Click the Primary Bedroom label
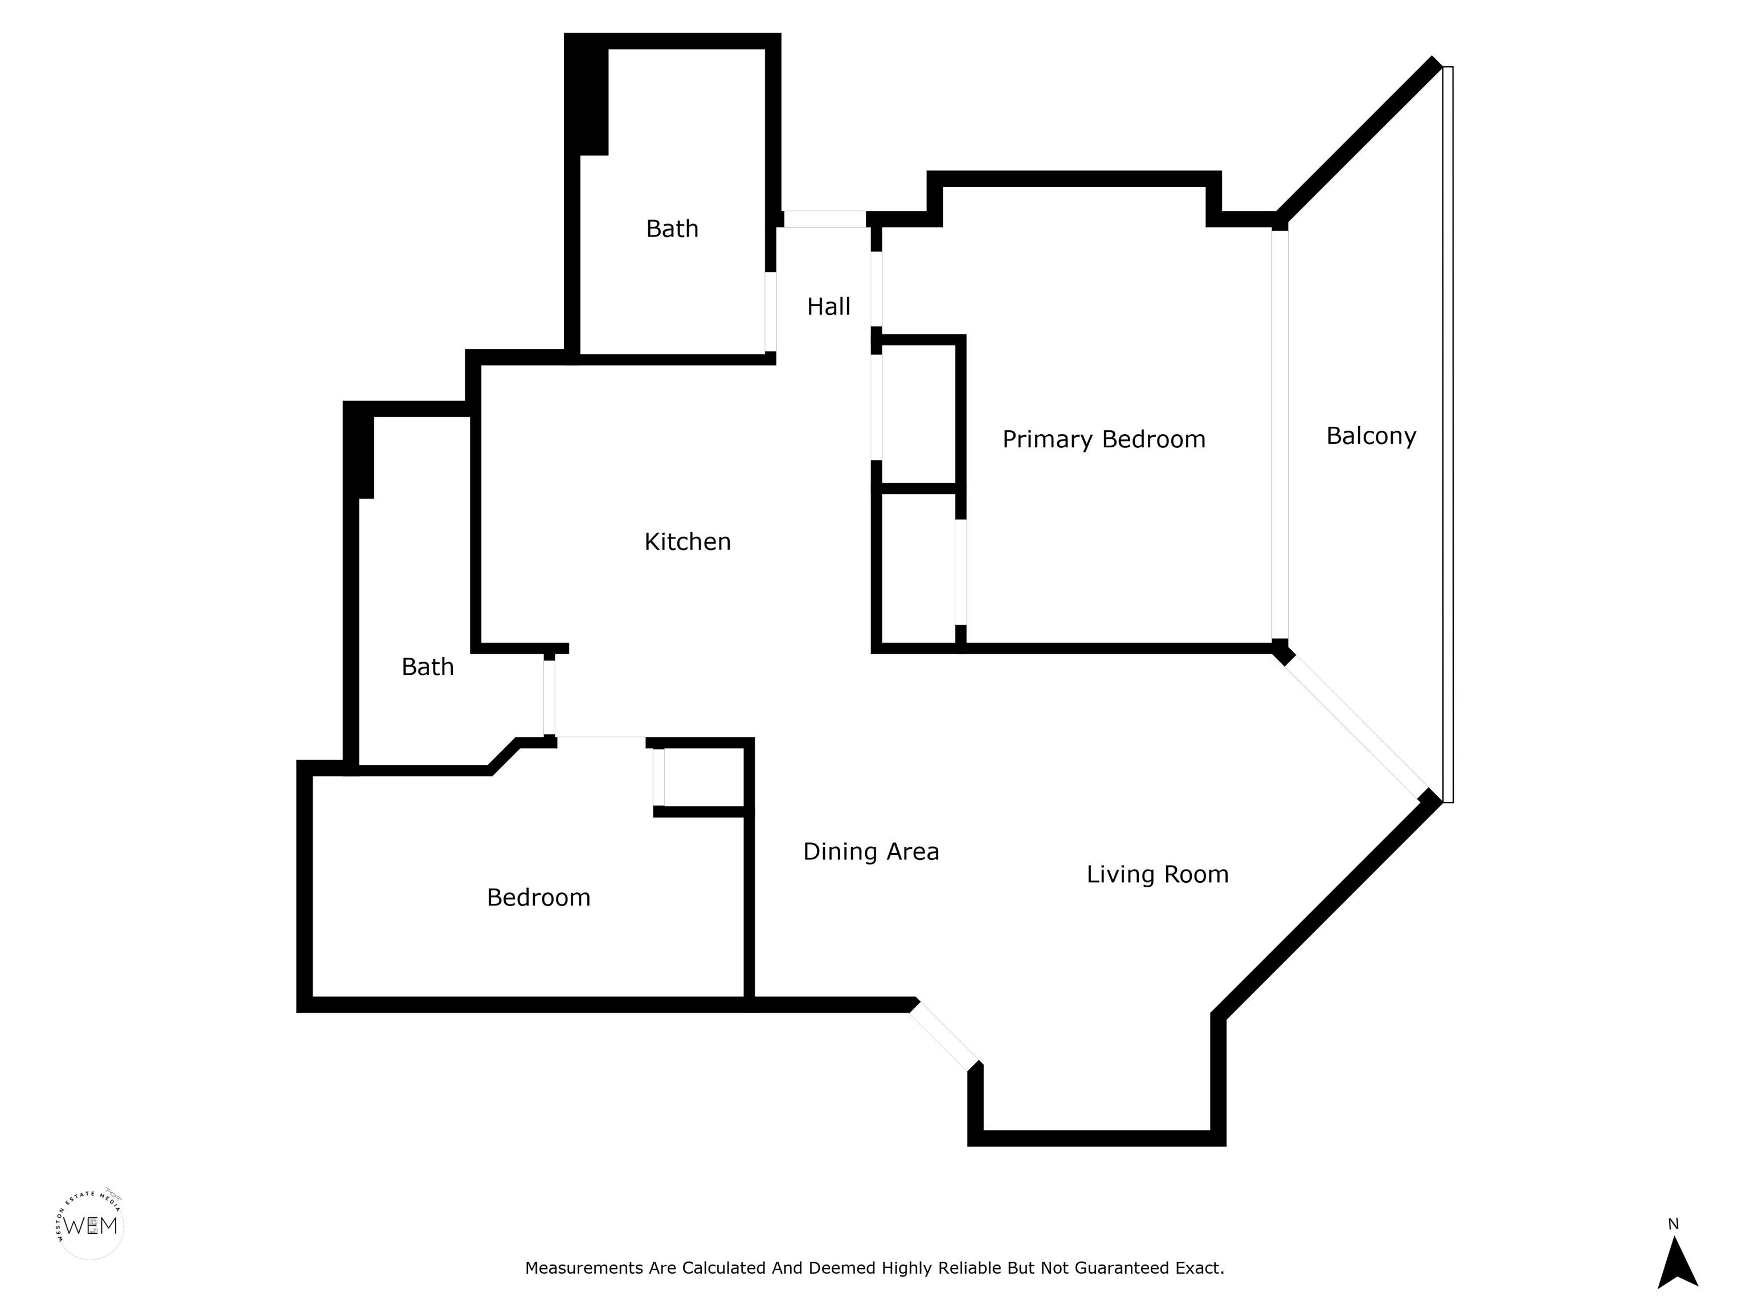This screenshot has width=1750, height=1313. (1103, 440)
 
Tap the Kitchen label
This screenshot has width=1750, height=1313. (688, 542)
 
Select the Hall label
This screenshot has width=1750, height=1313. (828, 306)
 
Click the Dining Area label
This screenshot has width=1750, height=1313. (871, 851)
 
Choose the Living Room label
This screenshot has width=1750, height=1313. (1158, 875)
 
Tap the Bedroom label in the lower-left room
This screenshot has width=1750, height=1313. (539, 898)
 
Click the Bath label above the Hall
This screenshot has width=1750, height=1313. (672, 229)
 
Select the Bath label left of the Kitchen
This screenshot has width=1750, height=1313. (428, 667)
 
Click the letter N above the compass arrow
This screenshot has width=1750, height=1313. (1673, 1224)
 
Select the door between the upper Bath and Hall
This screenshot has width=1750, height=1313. (771, 311)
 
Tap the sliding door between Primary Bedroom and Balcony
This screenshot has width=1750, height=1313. (1279, 434)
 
